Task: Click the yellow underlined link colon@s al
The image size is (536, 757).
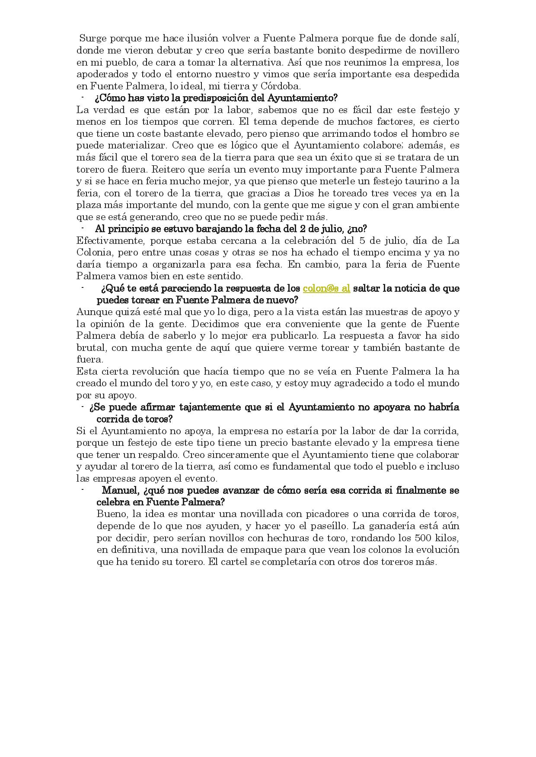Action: [x=326, y=288]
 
